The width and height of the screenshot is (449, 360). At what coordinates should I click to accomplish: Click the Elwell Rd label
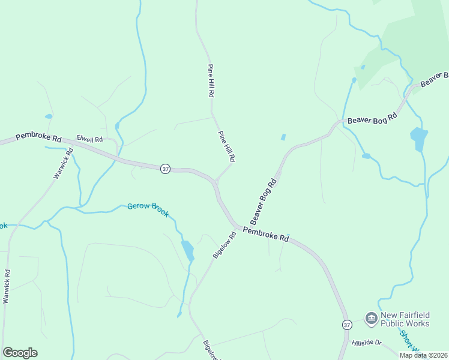pyautogui.click(x=89, y=140)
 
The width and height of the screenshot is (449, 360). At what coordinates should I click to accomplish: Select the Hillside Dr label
pyautogui.click(x=366, y=342)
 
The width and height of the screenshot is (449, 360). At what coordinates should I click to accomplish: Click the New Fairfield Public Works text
pyautogui.click(x=406, y=319)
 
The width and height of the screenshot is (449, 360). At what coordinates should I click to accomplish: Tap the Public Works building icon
pyautogui.click(x=372, y=317)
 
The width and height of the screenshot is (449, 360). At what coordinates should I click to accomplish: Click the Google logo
pyautogui.click(x=20, y=353)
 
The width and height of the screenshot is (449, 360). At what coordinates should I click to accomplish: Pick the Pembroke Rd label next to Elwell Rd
pyautogui.click(x=38, y=137)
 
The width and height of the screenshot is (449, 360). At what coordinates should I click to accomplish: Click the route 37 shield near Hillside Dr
pyautogui.click(x=347, y=325)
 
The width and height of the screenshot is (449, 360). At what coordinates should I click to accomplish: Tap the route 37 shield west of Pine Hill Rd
pyautogui.click(x=166, y=169)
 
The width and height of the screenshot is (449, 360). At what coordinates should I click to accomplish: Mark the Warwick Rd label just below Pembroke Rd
pyautogui.click(x=63, y=163)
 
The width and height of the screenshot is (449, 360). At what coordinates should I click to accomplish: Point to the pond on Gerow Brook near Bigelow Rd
pyautogui.click(x=188, y=250)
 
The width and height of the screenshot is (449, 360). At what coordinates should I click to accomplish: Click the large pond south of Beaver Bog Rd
pyautogui.click(x=418, y=139)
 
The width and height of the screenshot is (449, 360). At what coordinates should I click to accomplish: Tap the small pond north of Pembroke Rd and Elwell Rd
pyautogui.click(x=49, y=116)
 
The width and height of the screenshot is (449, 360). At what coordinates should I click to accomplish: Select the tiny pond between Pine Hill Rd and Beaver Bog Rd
pyautogui.click(x=283, y=137)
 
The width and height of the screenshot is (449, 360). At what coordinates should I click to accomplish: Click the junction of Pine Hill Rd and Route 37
pyautogui.click(x=215, y=181)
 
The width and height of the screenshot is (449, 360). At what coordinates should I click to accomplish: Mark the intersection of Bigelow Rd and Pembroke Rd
pyautogui.click(x=238, y=227)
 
